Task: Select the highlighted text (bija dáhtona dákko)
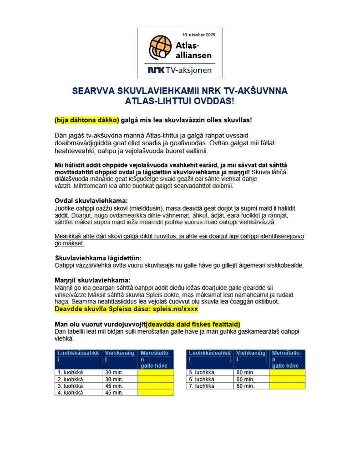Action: pyautogui.click(x=86, y=120)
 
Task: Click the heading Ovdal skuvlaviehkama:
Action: pyautogui.click(x=91, y=201)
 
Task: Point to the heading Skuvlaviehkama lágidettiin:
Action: pyautogui.click(x=98, y=258)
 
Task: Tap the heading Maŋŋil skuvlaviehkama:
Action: pyautogui.click(x=92, y=280)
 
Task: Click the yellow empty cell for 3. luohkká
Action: pyautogui.click(x=156, y=385)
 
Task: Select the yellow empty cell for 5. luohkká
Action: pyautogui.click(x=287, y=372)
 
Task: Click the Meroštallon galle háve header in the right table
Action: pyautogui.click(x=287, y=359)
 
